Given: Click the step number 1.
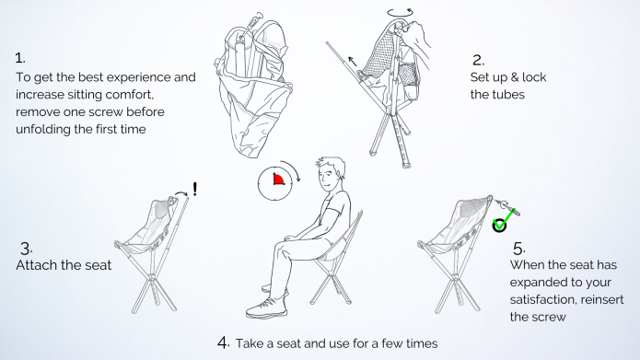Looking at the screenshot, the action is (x=20, y=58).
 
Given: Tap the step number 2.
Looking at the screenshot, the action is (x=478, y=61).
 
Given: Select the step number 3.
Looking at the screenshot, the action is (x=26, y=249).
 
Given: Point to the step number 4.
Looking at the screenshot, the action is (x=224, y=343).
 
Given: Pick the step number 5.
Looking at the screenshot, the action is (x=519, y=249).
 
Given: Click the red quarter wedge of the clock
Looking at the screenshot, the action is (x=278, y=179).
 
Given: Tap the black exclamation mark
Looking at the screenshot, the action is (x=195, y=189).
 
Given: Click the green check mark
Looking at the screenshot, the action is (x=505, y=219).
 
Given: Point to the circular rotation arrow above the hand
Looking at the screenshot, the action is (x=400, y=13).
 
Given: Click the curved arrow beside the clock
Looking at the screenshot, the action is (x=292, y=168).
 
